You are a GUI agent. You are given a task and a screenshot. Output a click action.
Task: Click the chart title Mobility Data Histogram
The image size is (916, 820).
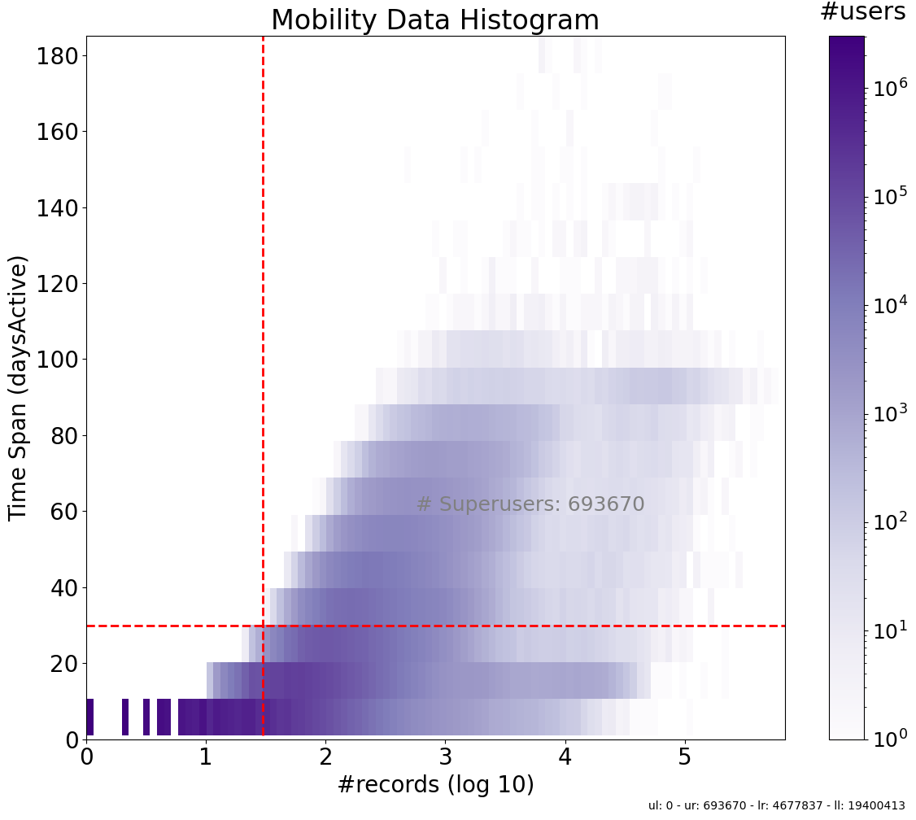(x=434, y=20)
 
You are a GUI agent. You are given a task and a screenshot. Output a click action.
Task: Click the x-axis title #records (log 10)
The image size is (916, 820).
(x=435, y=785)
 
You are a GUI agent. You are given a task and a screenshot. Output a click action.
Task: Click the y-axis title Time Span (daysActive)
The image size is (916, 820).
(x=18, y=387)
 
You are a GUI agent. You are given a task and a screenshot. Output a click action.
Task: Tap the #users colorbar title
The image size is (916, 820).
(x=862, y=12)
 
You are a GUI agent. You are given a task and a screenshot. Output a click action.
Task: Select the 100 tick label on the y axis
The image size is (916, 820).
(x=56, y=360)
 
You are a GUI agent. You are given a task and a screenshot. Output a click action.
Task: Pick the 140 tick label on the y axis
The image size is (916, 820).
(x=56, y=208)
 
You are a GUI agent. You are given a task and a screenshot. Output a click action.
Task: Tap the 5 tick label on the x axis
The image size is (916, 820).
(x=685, y=757)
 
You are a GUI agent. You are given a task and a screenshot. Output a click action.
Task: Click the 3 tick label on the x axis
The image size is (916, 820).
(x=445, y=757)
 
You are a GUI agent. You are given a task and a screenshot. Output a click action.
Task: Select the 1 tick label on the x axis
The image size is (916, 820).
(x=206, y=757)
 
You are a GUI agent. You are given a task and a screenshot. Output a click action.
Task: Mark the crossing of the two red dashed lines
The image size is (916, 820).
(x=263, y=626)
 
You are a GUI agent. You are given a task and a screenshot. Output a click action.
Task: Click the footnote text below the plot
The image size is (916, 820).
(x=776, y=805)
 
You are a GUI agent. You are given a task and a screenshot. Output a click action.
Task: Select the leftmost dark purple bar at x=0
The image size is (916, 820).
(x=89, y=717)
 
